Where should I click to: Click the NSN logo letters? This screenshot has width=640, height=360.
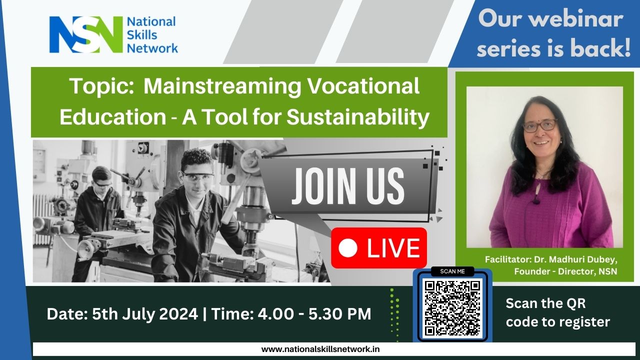85,34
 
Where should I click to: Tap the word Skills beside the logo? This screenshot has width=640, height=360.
141,35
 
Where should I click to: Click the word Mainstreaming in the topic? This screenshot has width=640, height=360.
222,87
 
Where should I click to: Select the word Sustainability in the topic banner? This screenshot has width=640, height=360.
357,117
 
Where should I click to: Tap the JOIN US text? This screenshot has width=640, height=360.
347,186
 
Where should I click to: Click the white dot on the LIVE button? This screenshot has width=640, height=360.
347,247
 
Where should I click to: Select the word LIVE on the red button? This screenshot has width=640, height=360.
393,248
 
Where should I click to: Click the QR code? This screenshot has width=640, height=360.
452,308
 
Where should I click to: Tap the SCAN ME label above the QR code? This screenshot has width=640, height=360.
452,271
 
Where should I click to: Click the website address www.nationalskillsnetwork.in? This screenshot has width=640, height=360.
320,349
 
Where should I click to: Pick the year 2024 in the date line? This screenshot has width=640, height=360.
178,313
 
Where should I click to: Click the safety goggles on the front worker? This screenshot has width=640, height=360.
197,177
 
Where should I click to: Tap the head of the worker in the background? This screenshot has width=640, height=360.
101,177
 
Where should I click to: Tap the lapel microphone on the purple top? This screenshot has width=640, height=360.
536,201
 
